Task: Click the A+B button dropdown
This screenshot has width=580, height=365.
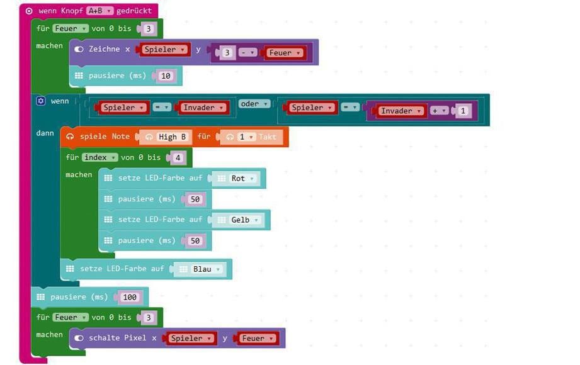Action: pos(100,11)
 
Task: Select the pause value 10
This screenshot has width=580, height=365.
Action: pos(166,76)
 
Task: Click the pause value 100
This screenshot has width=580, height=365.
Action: pos(130,297)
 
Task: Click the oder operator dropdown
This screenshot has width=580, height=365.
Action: pos(254,104)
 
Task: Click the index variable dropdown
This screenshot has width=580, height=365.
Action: pos(100,157)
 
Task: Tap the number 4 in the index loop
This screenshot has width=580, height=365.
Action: pos(178,158)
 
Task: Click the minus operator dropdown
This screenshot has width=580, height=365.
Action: pos(248,52)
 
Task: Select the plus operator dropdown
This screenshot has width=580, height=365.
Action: pos(439,111)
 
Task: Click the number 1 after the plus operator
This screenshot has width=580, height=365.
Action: pos(462,111)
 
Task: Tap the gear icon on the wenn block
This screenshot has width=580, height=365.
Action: pos(41,101)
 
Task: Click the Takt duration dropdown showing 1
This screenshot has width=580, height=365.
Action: pos(245,137)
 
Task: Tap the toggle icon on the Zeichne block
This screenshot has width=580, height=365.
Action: pos(79,49)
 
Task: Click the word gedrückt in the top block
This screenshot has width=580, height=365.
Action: pos(134,11)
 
